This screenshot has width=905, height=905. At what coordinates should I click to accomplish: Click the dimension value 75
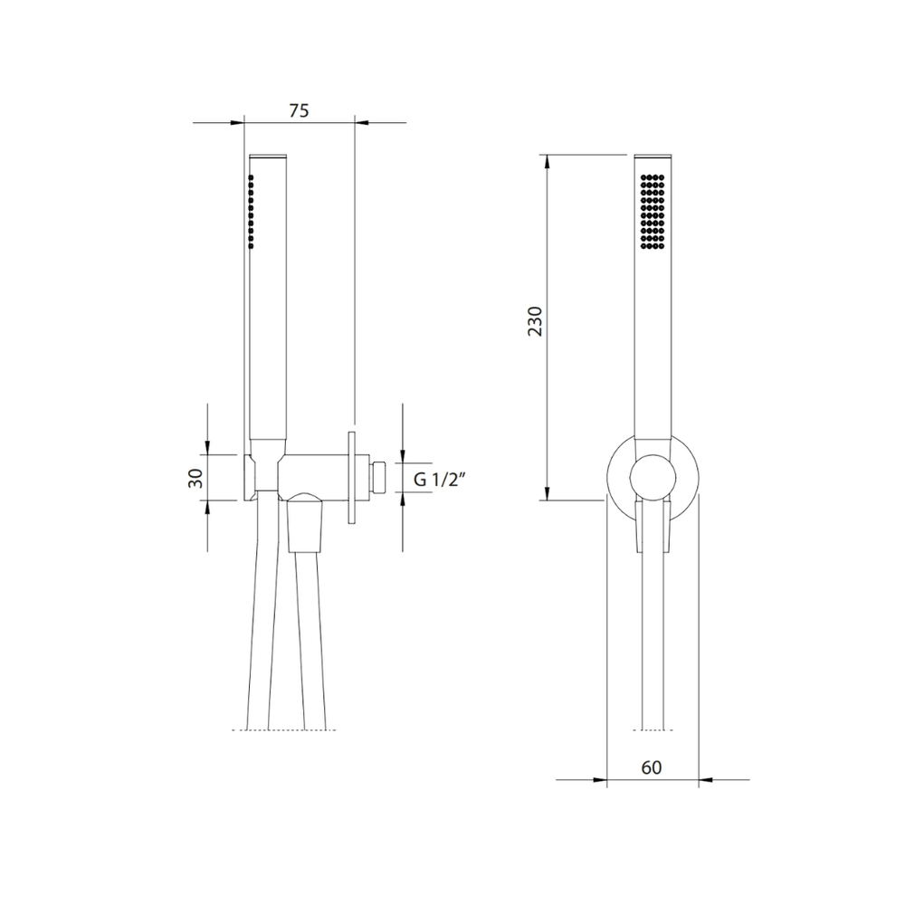click(x=299, y=110)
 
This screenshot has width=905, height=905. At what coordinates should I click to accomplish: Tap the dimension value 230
click(x=536, y=321)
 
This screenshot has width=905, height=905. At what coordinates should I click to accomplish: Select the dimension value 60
click(x=652, y=767)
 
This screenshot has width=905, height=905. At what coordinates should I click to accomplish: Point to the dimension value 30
click(x=196, y=478)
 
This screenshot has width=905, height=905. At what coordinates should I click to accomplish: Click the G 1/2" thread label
click(x=440, y=479)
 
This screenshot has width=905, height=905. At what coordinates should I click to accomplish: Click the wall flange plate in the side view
click(x=351, y=477)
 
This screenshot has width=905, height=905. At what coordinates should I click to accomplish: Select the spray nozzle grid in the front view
click(x=653, y=211)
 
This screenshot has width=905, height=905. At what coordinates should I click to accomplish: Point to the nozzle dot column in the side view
click(x=251, y=211)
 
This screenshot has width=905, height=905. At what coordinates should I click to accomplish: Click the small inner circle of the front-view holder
click(x=653, y=477)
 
